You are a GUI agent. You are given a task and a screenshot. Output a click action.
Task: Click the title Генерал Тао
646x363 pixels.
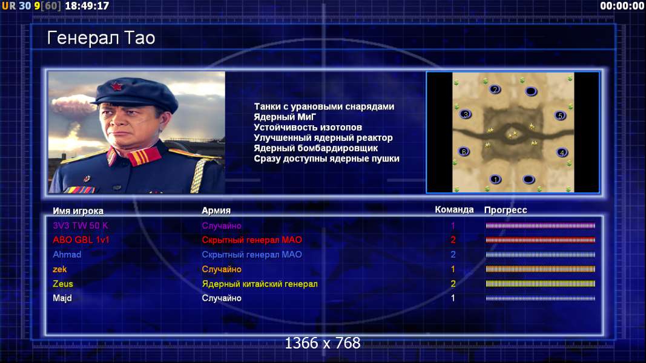[101, 38]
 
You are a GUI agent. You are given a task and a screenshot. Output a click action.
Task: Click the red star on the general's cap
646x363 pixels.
[116, 87]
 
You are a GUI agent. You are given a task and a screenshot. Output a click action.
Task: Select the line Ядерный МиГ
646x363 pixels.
[285, 117]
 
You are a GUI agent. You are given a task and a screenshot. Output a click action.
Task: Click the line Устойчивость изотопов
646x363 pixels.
[308, 127]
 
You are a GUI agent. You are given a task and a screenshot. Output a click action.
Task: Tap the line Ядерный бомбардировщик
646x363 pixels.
[315, 148]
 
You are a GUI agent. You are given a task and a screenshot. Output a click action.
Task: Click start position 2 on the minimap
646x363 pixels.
[495, 90]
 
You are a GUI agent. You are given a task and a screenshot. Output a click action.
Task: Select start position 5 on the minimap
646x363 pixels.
[560, 116]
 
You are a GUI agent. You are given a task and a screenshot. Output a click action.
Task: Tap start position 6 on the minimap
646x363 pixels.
[464, 151]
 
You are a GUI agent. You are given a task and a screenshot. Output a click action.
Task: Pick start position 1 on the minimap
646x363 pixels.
[495, 179]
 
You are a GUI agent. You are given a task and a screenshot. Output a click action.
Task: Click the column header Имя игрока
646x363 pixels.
[78, 211]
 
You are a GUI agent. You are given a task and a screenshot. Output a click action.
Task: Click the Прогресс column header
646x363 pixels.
[506, 210]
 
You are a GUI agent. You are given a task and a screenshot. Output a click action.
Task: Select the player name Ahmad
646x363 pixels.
[67, 254]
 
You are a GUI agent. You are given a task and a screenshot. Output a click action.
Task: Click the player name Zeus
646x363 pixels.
[62, 284]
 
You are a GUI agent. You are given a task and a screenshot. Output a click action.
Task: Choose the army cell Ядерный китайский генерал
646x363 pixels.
[260, 284]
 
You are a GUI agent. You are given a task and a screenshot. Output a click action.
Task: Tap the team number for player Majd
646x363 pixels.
[453, 298]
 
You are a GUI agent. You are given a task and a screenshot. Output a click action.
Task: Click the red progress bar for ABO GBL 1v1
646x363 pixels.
[540, 240]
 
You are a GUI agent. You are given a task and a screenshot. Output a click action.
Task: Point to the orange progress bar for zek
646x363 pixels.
[540, 269]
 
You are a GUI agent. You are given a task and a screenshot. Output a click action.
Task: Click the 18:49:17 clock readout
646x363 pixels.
[87, 6]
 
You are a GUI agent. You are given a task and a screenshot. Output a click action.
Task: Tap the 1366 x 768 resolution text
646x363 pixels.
[323, 343]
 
